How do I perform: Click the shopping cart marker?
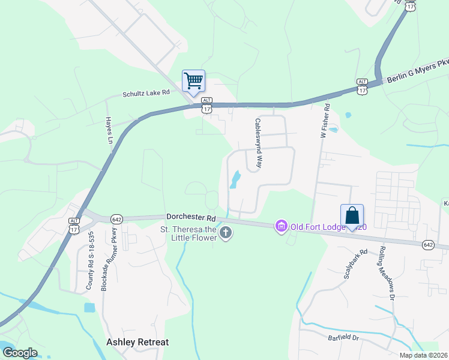click(x=193, y=81)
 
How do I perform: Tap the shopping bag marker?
click(x=352, y=216)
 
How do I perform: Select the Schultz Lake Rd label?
click(x=146, y=94)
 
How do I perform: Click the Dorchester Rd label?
click(x=191, y=217)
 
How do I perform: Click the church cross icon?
click(x=225, y=233)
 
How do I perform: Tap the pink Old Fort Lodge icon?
click(x=280, y=226)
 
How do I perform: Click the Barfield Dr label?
click(x=343, y=338)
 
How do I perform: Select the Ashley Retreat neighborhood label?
click(x=137, y=342)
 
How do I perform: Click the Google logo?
click(x=20, y=352)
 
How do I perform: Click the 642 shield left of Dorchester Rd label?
click(x=117, y=219)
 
